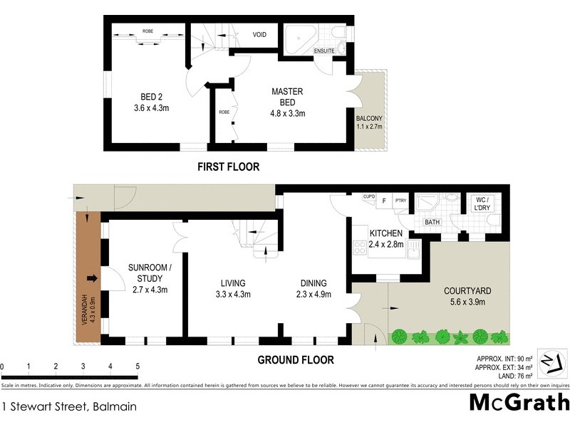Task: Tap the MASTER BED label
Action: click(287, 92)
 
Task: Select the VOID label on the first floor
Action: click(259, 34)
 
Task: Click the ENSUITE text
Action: click(325, 51)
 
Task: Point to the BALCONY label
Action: click(369, 118)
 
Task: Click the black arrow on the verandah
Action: click(91, 278)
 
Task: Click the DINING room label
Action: click(313, 282)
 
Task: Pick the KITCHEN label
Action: click(386, 233)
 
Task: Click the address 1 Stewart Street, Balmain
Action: click(69, 407)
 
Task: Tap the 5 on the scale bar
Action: click(138, 367)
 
